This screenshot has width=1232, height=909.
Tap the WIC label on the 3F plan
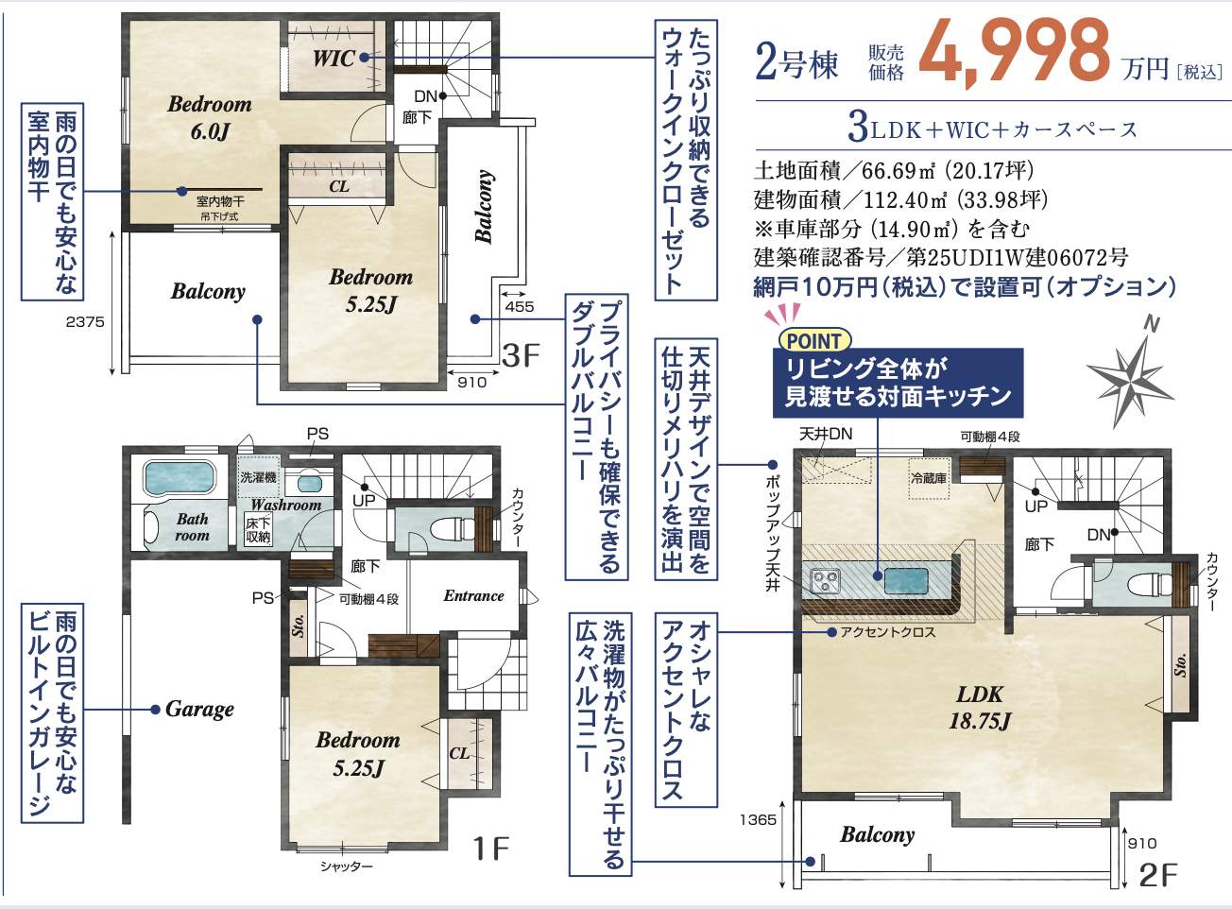pos(334,58)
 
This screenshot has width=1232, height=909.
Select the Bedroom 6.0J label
pos(210,117)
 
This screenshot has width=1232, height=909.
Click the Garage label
pos(199,710)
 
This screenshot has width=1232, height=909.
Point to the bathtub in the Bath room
pos(180,477)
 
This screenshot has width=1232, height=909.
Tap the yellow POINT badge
pos(814,340)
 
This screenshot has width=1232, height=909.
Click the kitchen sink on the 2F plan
pos(905,581)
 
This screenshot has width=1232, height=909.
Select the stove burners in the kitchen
pos(826,581)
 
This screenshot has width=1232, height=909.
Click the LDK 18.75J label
pos(980,708)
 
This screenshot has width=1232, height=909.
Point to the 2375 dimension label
pos(85,321)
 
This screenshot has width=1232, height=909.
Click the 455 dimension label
pos(520,306)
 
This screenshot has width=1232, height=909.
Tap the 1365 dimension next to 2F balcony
pos(758,819)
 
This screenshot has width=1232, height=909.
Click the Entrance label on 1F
pos(473,595)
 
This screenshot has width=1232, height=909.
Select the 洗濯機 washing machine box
pos(259,477)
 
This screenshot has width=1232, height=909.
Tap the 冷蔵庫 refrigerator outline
pos(928,478)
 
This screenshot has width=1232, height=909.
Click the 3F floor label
pos(521,354)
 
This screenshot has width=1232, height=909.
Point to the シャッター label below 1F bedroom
pos(347,866)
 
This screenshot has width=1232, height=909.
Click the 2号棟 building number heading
pos(796,63)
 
